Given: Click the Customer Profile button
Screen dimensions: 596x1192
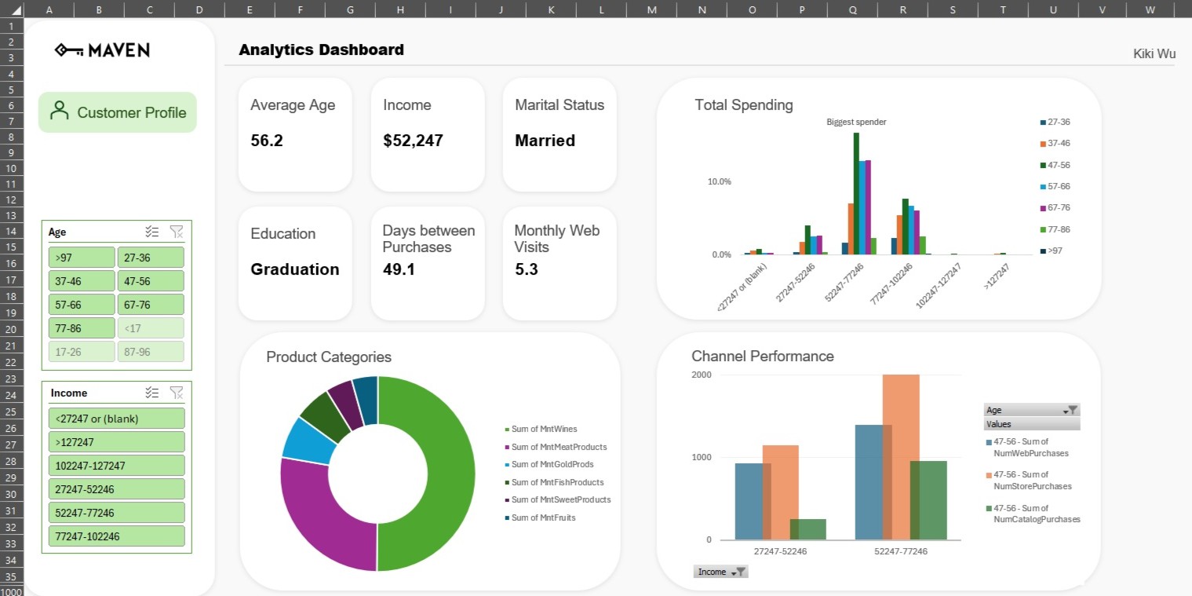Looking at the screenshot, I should coord(118,112).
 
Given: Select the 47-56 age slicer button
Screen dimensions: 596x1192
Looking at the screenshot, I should coord(151,281).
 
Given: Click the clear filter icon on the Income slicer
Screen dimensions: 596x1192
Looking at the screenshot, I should coord(177,393).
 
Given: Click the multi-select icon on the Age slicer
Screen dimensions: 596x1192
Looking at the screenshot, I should coord(152,232).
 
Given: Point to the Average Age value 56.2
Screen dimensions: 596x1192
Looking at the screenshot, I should coord(267,141).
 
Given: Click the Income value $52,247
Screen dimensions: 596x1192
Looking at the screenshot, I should coord(413,141).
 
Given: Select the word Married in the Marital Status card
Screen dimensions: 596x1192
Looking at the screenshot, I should coord(545,141).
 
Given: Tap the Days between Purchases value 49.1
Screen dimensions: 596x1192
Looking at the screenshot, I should coord(399,270).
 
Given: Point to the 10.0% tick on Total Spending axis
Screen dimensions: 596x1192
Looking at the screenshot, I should coord(719,181).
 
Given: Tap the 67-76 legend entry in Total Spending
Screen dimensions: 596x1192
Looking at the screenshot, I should coord(1058,208).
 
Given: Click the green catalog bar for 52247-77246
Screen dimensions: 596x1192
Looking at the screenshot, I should coord(928,500).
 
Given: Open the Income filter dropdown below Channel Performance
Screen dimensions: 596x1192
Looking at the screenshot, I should coord(738,572).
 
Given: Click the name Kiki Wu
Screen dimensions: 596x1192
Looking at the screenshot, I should coord(1154,54).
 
